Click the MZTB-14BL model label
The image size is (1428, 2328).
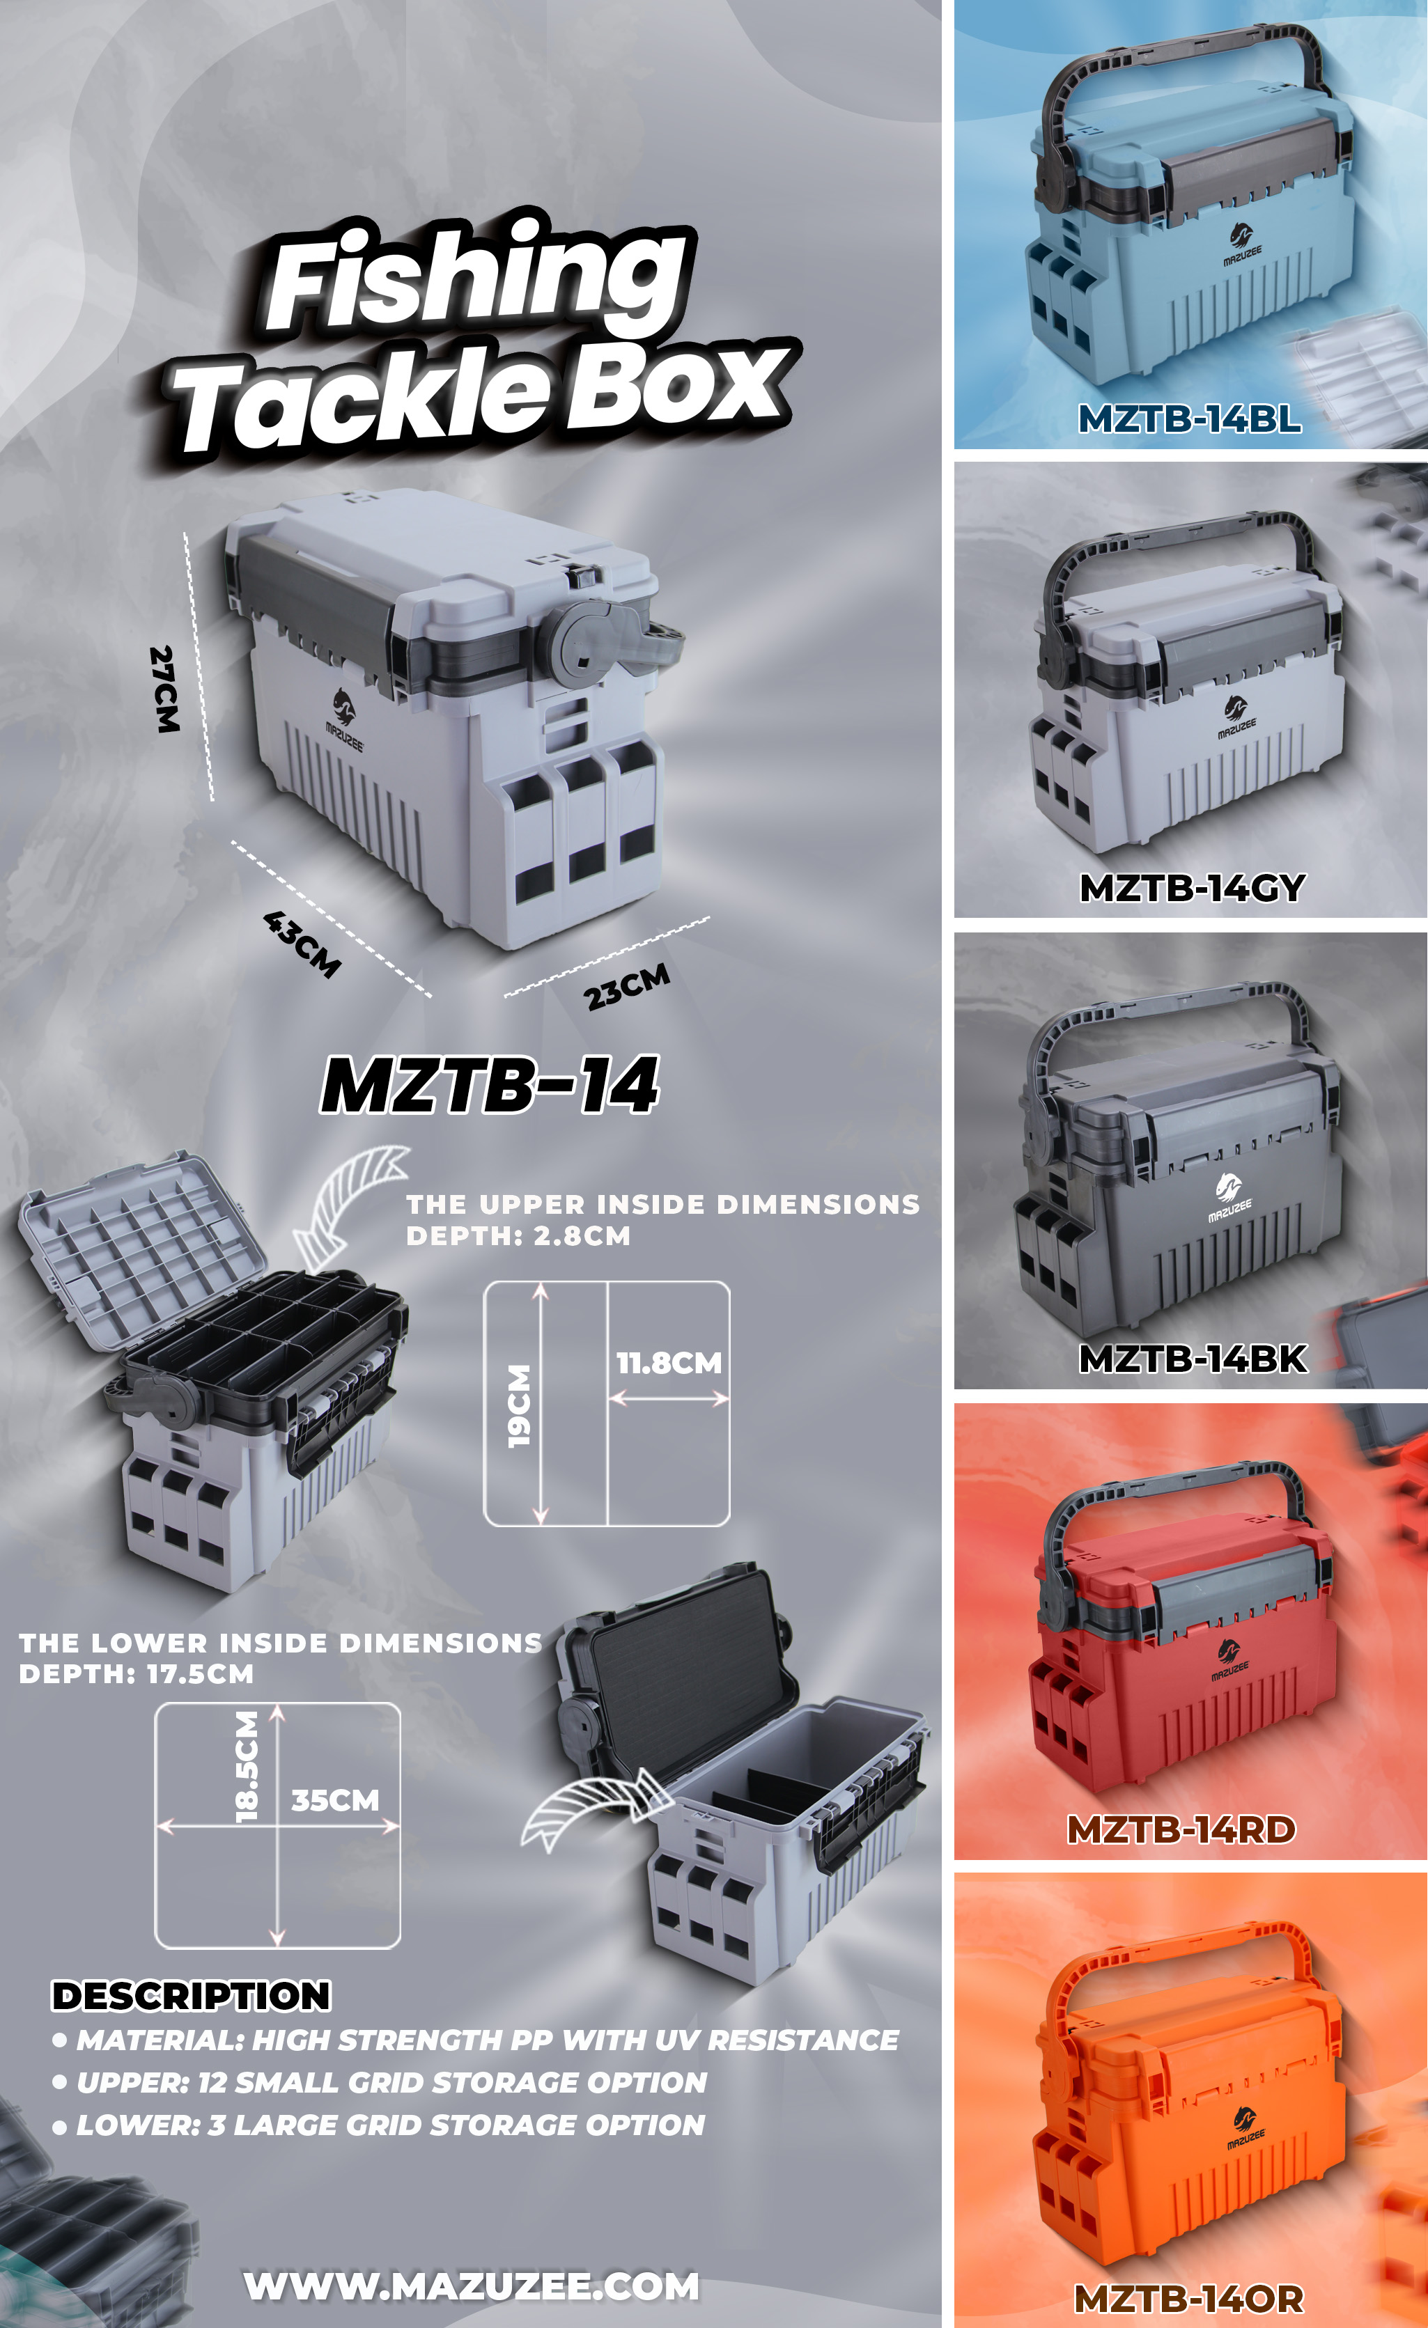tap(1189, 418)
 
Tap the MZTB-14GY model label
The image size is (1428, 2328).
tap(1192, 887)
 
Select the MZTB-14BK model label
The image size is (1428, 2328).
tap(1193, 1358)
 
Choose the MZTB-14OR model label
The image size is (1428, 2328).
tap(1189, 2299)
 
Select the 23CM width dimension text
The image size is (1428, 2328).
tap(627, 985)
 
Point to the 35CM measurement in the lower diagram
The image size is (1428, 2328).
tap(336, 1800)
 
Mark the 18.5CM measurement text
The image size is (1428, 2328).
tap(246, 1766)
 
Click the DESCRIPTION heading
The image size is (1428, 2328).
tap(191, 1995)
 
